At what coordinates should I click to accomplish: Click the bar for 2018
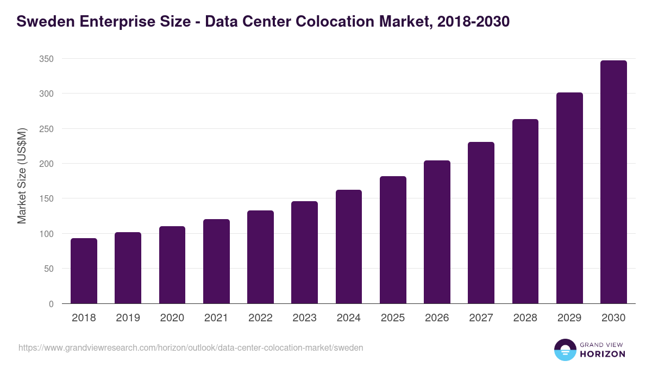[x=84, y=271]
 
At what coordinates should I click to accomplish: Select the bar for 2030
[x=613, y=182]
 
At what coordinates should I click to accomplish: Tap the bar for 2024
[x=349, y=247]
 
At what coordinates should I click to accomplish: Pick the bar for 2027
[x=481, y=223]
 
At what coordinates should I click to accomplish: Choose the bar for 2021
[x=216, y=262]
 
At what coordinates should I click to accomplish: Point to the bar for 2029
[x=569, y=198]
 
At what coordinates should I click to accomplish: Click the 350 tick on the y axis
[x=47, y=59]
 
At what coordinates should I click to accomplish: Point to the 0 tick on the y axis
[x=51, y=304]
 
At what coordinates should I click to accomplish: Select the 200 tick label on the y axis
[x=47, y=164]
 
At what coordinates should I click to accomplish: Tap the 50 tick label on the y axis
[x=49, y=269]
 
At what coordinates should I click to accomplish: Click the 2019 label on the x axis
[x=128, y=318]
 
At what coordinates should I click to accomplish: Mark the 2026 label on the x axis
[x=437, y=318]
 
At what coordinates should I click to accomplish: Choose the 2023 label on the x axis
[x=304, y=318]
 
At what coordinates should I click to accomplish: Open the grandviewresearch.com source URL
[x=191, y=347]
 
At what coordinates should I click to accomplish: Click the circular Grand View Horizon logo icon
[x=565, y=350]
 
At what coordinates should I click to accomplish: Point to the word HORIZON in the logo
[x=603, y=354]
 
